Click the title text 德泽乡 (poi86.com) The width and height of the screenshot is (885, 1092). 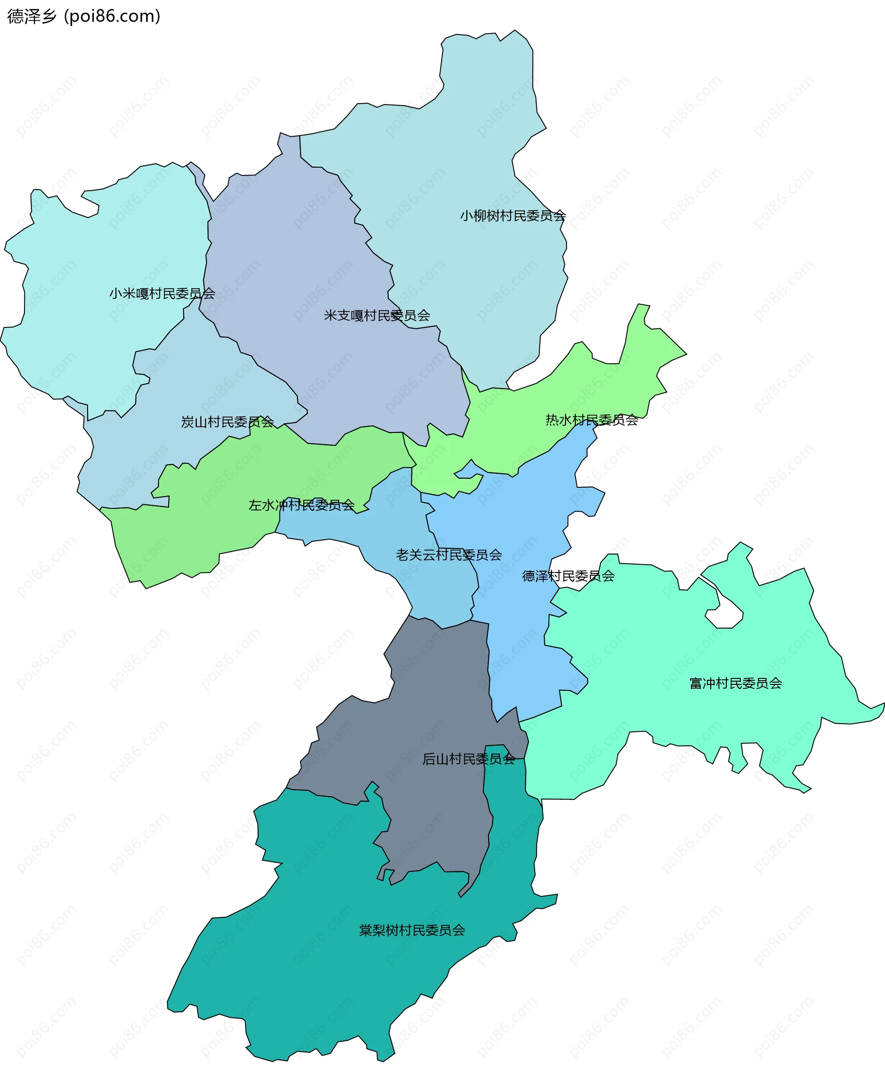[x=83, y=16]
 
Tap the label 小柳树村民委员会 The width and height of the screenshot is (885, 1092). [x=513, y=216]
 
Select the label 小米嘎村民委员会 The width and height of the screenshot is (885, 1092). [x=162, y=293]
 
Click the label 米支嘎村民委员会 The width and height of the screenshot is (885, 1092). [x=377, y=316]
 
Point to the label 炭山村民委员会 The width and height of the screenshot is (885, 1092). [x=227, y=422]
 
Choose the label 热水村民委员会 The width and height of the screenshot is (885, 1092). [x=592, y=420]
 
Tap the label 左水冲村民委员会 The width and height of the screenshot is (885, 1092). [x=301, y=505]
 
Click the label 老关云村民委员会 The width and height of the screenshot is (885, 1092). [x=448, y=555]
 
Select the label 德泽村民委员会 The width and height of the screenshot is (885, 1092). [x=568, y=576]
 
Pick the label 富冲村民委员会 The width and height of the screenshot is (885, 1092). [x=735, y=683]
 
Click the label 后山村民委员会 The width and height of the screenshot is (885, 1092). [x=468, y=759]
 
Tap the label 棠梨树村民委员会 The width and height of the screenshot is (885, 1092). [x=412, y=930]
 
